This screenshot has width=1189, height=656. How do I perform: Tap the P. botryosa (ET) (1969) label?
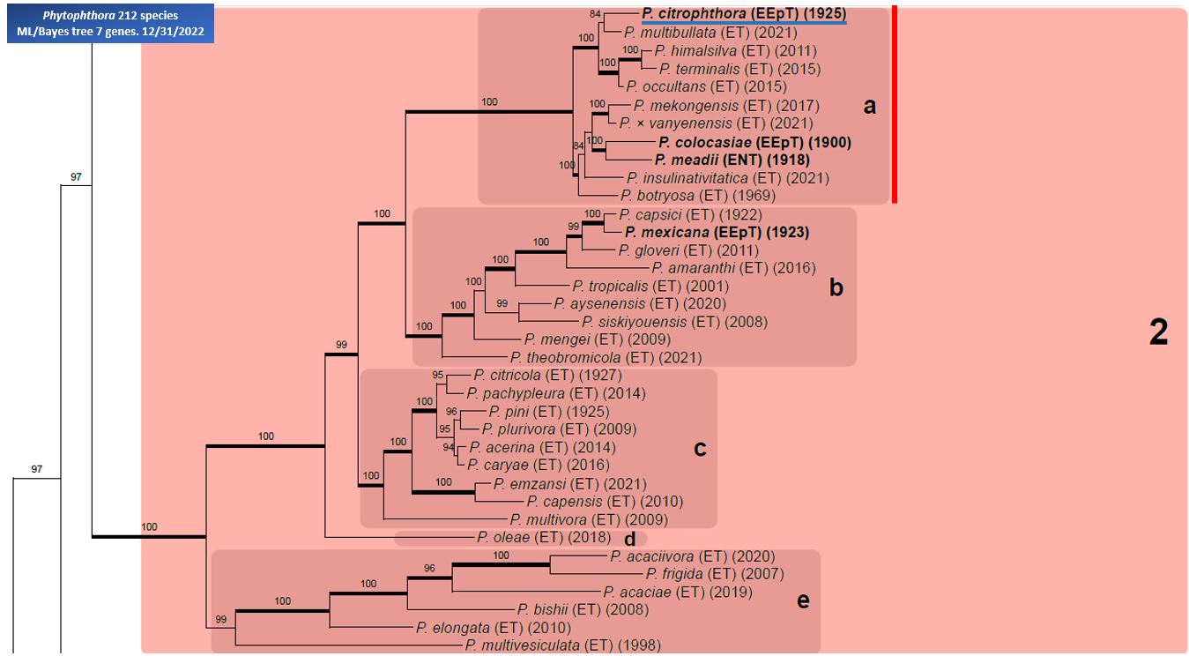pos(698,196)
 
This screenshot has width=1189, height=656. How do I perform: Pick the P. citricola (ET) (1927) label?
pos(548,376)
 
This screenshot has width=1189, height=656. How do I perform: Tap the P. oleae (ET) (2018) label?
pos(544,538)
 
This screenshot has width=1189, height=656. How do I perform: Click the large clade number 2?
pos(1159,333)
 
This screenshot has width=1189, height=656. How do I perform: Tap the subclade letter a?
pos(869,107)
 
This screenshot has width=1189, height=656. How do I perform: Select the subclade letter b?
pos(836,287)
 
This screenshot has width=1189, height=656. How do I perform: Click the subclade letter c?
pos(700,449)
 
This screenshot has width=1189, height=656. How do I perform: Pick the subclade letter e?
pos(803,600)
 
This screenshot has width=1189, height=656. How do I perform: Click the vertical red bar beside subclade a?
pos(895,104)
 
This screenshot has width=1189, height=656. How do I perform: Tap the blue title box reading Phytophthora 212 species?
pos(110,24)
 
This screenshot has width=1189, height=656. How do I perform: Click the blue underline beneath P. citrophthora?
pos(744,23)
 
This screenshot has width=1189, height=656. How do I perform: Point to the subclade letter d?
pos(629,540)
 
